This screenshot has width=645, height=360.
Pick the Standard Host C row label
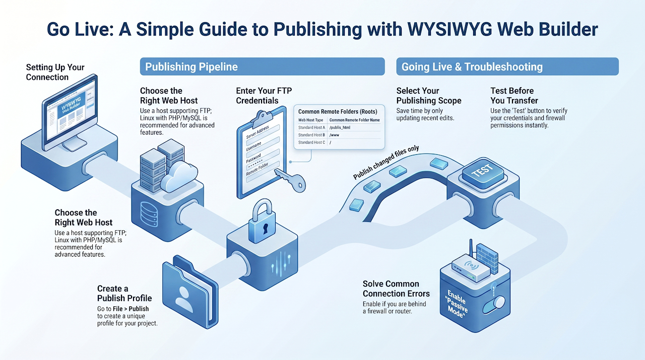coord(311,143)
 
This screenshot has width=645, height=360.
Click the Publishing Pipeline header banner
coord(262,67)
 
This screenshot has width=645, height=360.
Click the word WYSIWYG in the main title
coord(439,29)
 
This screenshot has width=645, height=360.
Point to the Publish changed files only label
coord(386,163)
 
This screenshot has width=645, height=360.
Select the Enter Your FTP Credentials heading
coord(264,96)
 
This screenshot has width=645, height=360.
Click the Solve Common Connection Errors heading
coord(396,289)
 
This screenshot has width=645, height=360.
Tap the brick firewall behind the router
coord(487,256)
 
